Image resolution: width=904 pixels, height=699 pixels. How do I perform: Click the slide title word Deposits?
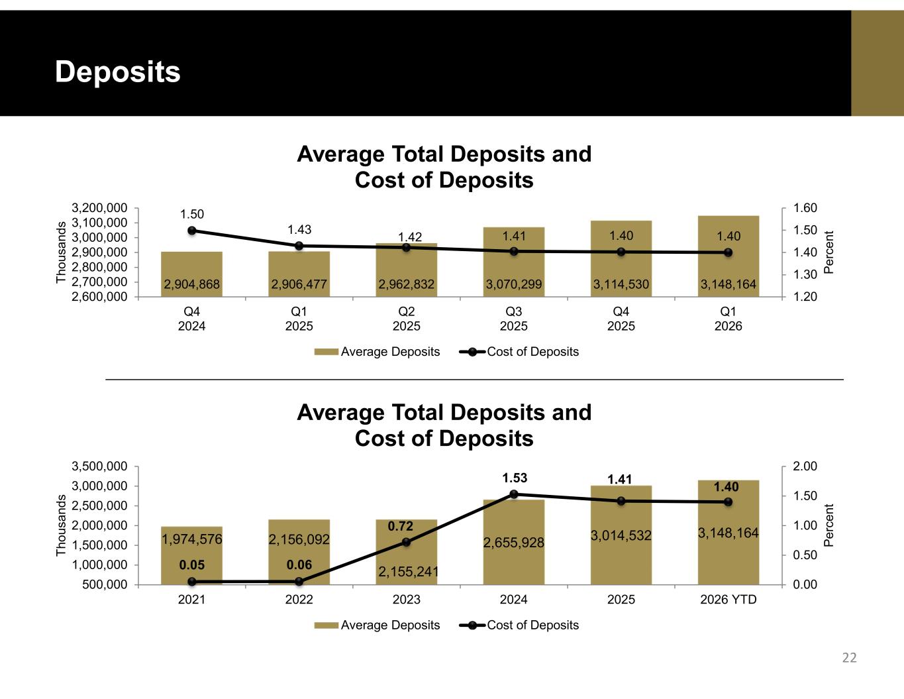pos(118,72)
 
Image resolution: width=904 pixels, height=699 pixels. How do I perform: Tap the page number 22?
pos(849,658)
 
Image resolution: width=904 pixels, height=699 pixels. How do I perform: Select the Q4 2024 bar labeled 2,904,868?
pos(192,274)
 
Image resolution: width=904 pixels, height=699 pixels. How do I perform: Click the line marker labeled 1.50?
pos(192,231)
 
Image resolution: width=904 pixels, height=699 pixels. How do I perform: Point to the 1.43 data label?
pos(299,229)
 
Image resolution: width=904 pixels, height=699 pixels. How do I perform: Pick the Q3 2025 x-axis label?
pos(514,319)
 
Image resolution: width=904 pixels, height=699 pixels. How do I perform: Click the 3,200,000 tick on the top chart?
pos(99,207)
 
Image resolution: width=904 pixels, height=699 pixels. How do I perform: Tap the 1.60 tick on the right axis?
pos(805,207)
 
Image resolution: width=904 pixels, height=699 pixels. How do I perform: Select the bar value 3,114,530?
pos(621,284)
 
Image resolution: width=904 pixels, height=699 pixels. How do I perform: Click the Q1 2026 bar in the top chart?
pos(728,256)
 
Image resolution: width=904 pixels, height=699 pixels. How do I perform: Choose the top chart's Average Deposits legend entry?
pos(377,352)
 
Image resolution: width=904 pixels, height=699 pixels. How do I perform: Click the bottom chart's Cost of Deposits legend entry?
pos(519,625)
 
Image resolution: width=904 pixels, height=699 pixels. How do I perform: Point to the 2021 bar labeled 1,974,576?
pos(192,555)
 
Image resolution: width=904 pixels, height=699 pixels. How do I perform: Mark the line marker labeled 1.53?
pos(514,494)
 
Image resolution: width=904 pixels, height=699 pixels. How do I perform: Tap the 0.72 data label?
pos(400,526)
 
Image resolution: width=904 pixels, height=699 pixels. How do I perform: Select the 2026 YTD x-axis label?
pos(728,600)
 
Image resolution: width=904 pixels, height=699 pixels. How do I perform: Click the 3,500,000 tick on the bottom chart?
pos(99,466)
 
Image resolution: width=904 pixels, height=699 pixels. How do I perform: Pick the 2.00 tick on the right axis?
pos(805,466)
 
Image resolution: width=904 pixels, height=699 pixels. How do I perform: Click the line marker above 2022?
pos(299,581)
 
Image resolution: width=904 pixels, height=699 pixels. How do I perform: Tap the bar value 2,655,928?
pos(514,543)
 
